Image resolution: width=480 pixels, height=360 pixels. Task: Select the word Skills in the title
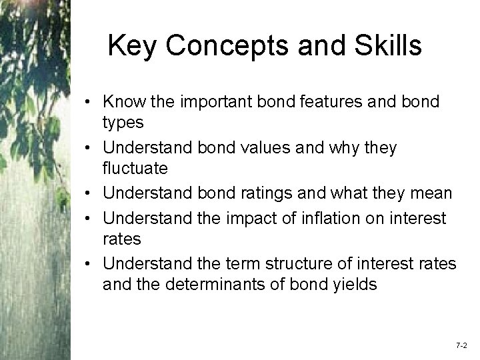[x=388, y=46]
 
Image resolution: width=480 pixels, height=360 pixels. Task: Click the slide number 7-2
[x=461, y=345]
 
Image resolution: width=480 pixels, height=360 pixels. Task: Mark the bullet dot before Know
[x=89, y=103]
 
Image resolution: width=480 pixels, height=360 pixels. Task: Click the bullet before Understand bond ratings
[x=89, y=194]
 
